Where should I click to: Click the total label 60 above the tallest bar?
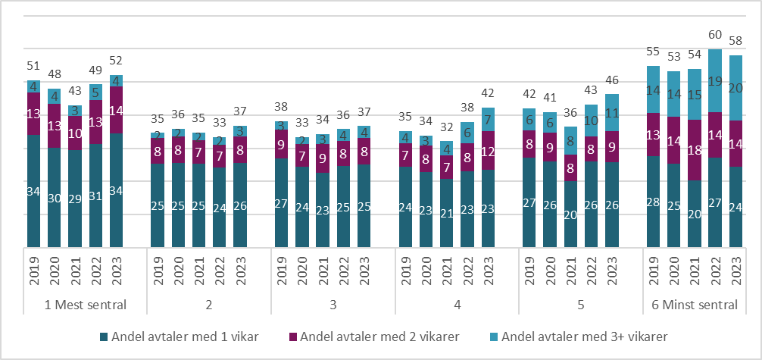pos(715,35)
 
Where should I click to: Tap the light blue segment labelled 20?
pos(735,88)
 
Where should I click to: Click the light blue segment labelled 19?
pos(715,81)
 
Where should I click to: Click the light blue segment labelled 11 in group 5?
pos(612,113)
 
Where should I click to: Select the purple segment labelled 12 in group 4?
pos(488,150)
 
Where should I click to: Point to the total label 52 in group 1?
pos(117,61)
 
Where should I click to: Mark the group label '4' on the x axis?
pos(456,305)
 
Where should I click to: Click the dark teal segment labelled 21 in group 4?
pos(446,213)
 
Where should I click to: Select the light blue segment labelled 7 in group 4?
pos(488,119)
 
